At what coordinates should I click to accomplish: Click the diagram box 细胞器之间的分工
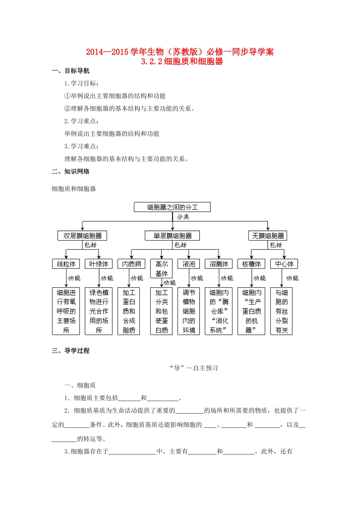pos(172,207)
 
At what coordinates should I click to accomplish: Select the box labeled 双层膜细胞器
pos(82,236)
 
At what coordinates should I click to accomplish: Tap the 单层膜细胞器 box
pos(172,236)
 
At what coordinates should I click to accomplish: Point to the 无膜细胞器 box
pos(268,236)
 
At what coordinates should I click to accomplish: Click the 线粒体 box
pos(66,264)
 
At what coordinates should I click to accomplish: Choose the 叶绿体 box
pos(99,264)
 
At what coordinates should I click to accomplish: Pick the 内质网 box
pos(131,264)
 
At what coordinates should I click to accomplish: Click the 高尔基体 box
pos(161,269)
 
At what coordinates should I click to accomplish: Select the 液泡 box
pos(189,264)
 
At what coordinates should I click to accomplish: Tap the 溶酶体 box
pos(219,264)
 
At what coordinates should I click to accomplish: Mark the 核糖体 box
pos(251,264)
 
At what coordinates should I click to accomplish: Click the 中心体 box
pos(284,264)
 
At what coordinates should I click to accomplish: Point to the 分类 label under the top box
pos(183,217)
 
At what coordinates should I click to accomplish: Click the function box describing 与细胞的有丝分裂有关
pos(282,311)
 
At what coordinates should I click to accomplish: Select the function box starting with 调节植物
pos(189,311)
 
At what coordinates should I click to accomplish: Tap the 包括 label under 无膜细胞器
pos(276,245)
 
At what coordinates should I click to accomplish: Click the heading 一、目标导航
pos(71,71)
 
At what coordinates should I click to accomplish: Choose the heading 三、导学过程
pos(71,351)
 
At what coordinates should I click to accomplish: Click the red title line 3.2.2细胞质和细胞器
pos(182,61)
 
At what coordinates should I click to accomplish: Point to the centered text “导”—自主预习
pos(194,368)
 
